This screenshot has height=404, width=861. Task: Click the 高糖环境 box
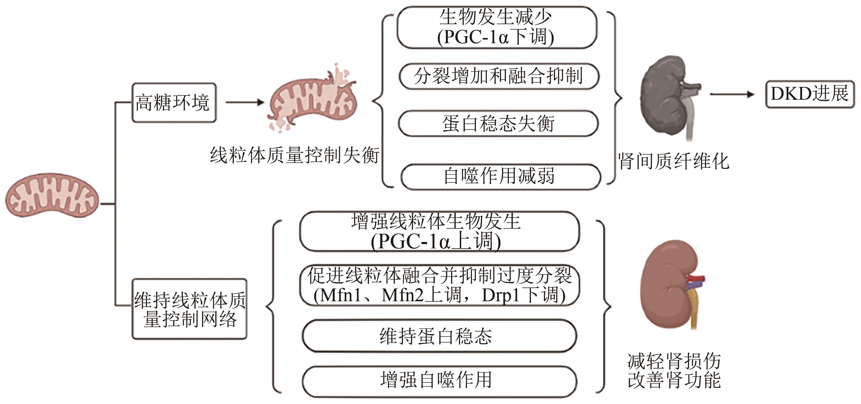[x=174, y=103]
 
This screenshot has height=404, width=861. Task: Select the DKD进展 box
[x=810, y=94]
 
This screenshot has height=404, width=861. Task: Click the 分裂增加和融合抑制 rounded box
[x=499, y=76]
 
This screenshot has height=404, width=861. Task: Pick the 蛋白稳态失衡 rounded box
[x=498, y=123]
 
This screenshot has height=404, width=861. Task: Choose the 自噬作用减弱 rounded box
[x=501, y=177]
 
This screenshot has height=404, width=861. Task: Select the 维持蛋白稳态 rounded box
[x=439, y=336]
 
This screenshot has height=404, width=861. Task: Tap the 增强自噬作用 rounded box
[x=439, y=381]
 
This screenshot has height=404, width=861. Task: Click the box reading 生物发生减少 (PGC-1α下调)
[x=497, y=27]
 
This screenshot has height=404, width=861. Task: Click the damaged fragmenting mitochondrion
[x=313, y=99]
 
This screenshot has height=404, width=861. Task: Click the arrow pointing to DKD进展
[x=732, y=94]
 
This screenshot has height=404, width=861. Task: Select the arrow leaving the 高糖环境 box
[x=245, y=102]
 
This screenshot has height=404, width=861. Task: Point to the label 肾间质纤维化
[x=673, y=161]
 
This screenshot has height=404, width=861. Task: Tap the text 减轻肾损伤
[x=674, y=361]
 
